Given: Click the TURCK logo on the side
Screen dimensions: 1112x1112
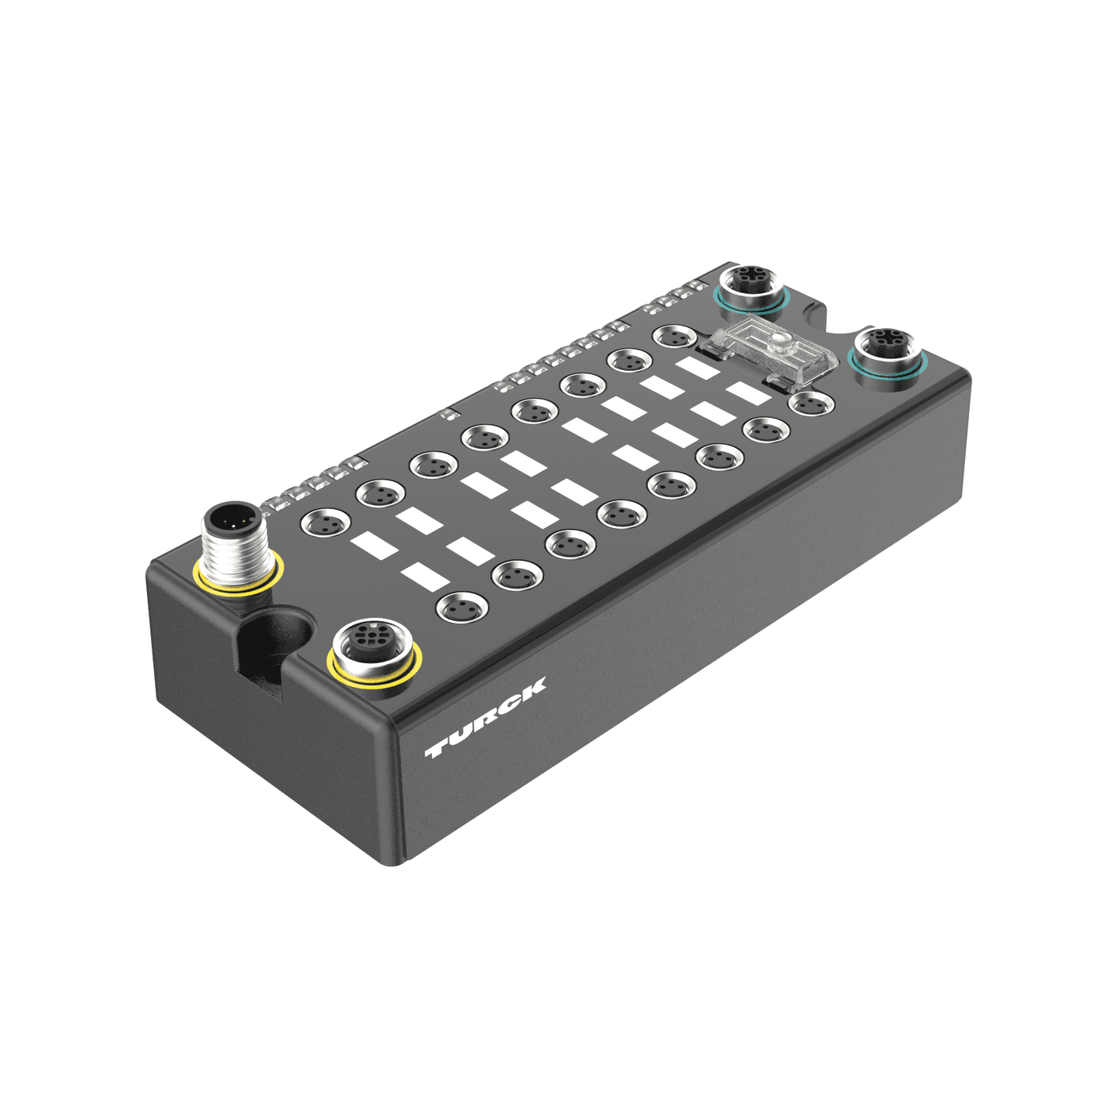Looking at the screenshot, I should tap(485, 718).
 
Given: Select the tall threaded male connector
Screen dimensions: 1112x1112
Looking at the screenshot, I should tap(234, 540).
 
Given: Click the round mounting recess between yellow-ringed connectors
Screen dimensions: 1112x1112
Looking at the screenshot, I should tap(278, 635).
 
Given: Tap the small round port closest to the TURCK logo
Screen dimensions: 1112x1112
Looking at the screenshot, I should tap(462, 608).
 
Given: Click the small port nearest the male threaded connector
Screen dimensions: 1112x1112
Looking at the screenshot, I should tap(325, 523).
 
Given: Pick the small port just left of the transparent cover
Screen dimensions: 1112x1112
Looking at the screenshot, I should tap(675, 336).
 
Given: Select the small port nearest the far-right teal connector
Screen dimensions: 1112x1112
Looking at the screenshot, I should tap(810, 403).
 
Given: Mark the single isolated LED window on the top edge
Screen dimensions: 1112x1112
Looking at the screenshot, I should tap(447, 413).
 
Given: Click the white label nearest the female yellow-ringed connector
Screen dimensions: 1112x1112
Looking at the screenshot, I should tap(423, 576).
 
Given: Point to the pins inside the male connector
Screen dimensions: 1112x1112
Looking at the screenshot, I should tap(231, 522).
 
